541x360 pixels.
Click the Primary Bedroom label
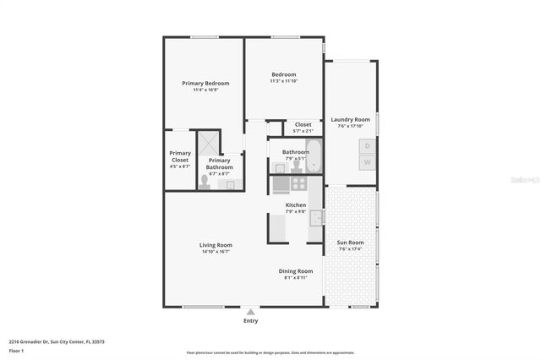click(x=205, y=83)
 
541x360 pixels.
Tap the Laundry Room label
click(x=350, y=120)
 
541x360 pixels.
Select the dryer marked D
click(x=367, y=145)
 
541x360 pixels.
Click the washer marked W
click(x=367, y=161)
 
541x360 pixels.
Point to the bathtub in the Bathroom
click(x=314, y=156)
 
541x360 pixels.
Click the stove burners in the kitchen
click(x=298, y=182)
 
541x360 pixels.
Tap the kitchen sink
click(x=315, y=218)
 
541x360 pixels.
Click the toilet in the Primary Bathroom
click(x=204, y=181)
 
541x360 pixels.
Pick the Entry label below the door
click(x=251, y=321)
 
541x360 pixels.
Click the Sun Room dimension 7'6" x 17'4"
click(x=350, y=249)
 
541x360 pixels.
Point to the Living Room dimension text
click(x=216, y=252)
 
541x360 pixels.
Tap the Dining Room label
click(x=296, y=270)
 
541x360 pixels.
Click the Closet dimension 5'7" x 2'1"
click(x=303, y=131)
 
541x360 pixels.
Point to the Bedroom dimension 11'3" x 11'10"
click(x=284, y=81)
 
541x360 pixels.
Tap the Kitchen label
click(x=295, y=205)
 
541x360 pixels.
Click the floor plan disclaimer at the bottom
click(x=270, y=352)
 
